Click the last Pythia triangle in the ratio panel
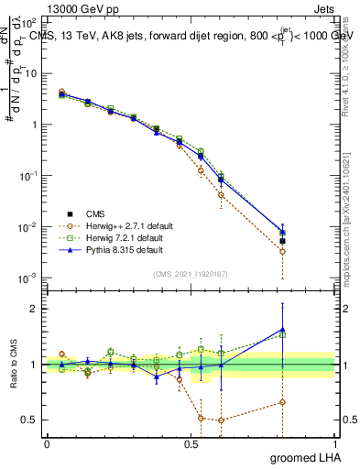point(282,329)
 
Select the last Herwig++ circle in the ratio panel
point(282,402)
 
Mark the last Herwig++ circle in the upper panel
point(282,251)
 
